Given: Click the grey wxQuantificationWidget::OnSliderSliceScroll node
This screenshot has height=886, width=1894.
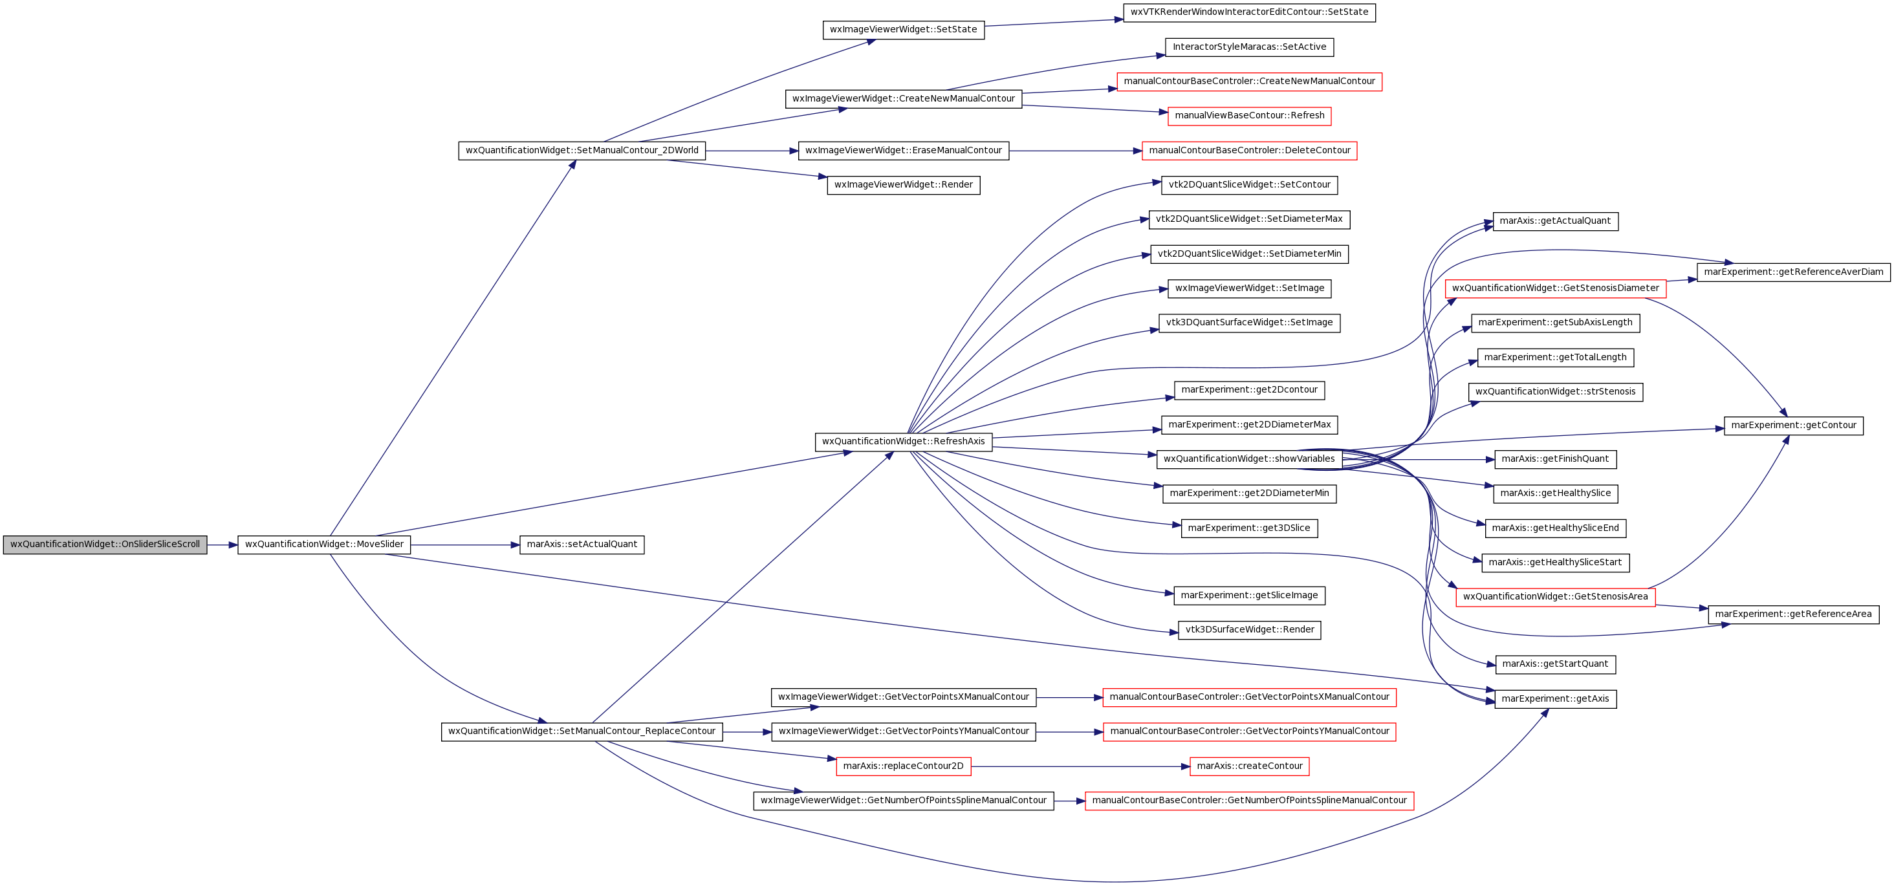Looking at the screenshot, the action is point(105,545).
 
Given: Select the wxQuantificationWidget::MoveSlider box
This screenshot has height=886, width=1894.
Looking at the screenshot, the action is point(324,545).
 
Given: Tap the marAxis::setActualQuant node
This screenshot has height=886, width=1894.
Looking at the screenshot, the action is point(582,545).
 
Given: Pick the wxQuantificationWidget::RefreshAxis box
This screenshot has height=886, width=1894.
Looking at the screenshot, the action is point(904,442).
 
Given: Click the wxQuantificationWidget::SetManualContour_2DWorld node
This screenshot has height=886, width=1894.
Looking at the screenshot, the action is point(582,151).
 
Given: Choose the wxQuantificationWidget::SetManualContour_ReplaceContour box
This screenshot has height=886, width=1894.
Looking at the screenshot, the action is point(582,731).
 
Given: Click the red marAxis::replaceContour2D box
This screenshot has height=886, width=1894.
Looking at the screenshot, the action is point(904,766).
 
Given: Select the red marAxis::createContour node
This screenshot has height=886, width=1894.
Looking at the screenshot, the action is point(1249,766).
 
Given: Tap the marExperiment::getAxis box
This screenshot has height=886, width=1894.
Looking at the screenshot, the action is point(1555,699).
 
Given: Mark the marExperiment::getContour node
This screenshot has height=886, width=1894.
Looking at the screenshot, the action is point(1793,426).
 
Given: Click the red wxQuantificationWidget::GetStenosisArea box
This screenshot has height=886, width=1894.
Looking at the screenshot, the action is point(1555,597).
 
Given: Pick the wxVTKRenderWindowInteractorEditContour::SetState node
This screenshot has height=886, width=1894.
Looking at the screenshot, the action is point(1249,12).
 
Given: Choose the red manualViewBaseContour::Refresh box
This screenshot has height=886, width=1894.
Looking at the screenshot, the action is point(1249,116).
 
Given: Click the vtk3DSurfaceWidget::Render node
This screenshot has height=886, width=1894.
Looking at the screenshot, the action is point(1249,630).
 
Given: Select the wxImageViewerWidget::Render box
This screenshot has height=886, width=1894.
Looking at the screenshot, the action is point(904,186).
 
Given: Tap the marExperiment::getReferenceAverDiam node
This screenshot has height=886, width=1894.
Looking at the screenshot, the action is point(1793,272).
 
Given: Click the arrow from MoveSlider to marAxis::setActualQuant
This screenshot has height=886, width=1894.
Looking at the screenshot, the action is point(465,545).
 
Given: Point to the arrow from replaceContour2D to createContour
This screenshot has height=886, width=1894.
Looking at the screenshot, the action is point(1081,766).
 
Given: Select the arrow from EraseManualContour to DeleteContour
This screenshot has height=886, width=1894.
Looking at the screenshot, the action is point(1076,151).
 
